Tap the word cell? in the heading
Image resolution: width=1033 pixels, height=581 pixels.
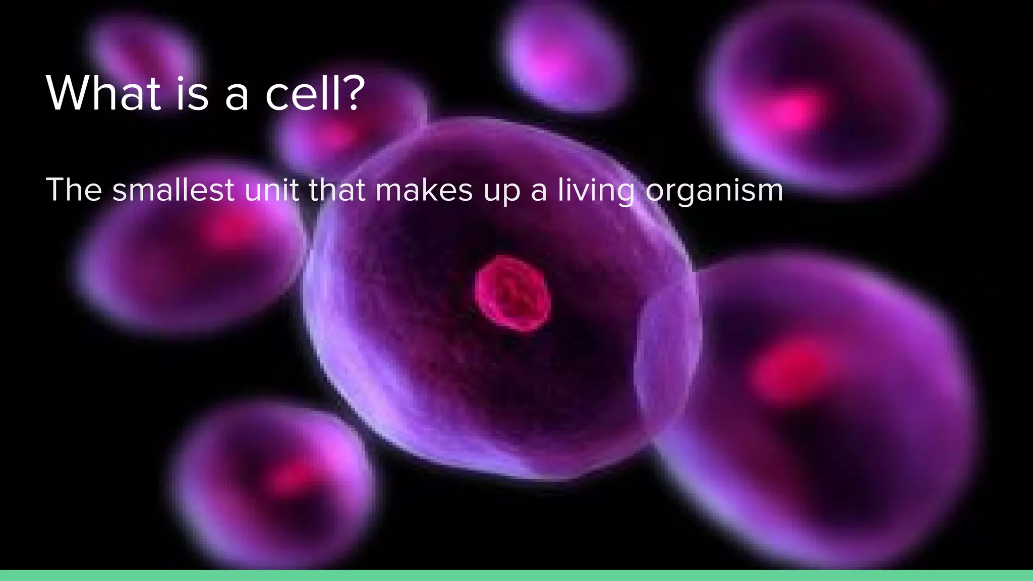pyautogui.click(x=314, y=93)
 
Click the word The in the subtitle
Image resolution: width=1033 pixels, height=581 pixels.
pyautogui.click(x=74, y=190)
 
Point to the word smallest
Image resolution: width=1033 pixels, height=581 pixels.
pyautogui.click(x=173, y=190)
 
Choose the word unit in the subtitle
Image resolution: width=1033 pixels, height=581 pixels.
pyautogui.click(x=271, y=190)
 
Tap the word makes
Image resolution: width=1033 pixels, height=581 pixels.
pyautogui.click(x=424, y=190)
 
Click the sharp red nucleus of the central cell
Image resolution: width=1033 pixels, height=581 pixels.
pyautogui.click(x=512, y=293)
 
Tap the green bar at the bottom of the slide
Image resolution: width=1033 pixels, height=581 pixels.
pyautogui.click(x=516, y=575)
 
